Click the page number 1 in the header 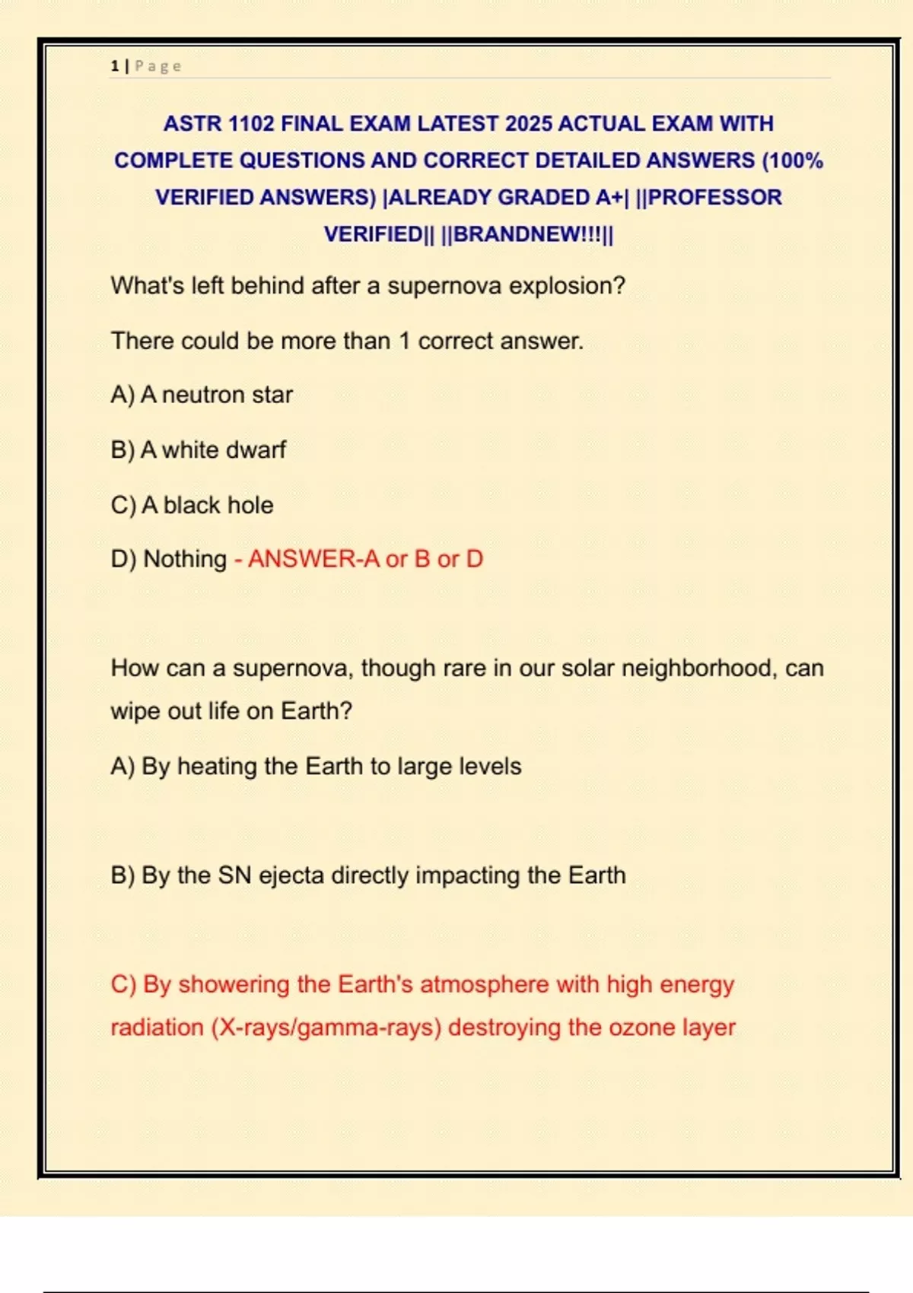[x=114, y=66]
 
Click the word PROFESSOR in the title [x=714, y=197]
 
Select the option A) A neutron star [x=202, y=395]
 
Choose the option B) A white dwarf [x=199, y=450]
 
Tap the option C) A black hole [x=192, y=505]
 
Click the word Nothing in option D [x=185, y=559]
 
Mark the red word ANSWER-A [x=313, y=559]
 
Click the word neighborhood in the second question [x=699, y=668]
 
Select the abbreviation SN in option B [x=234, y=875]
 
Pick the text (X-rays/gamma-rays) [x=326, y=1028]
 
